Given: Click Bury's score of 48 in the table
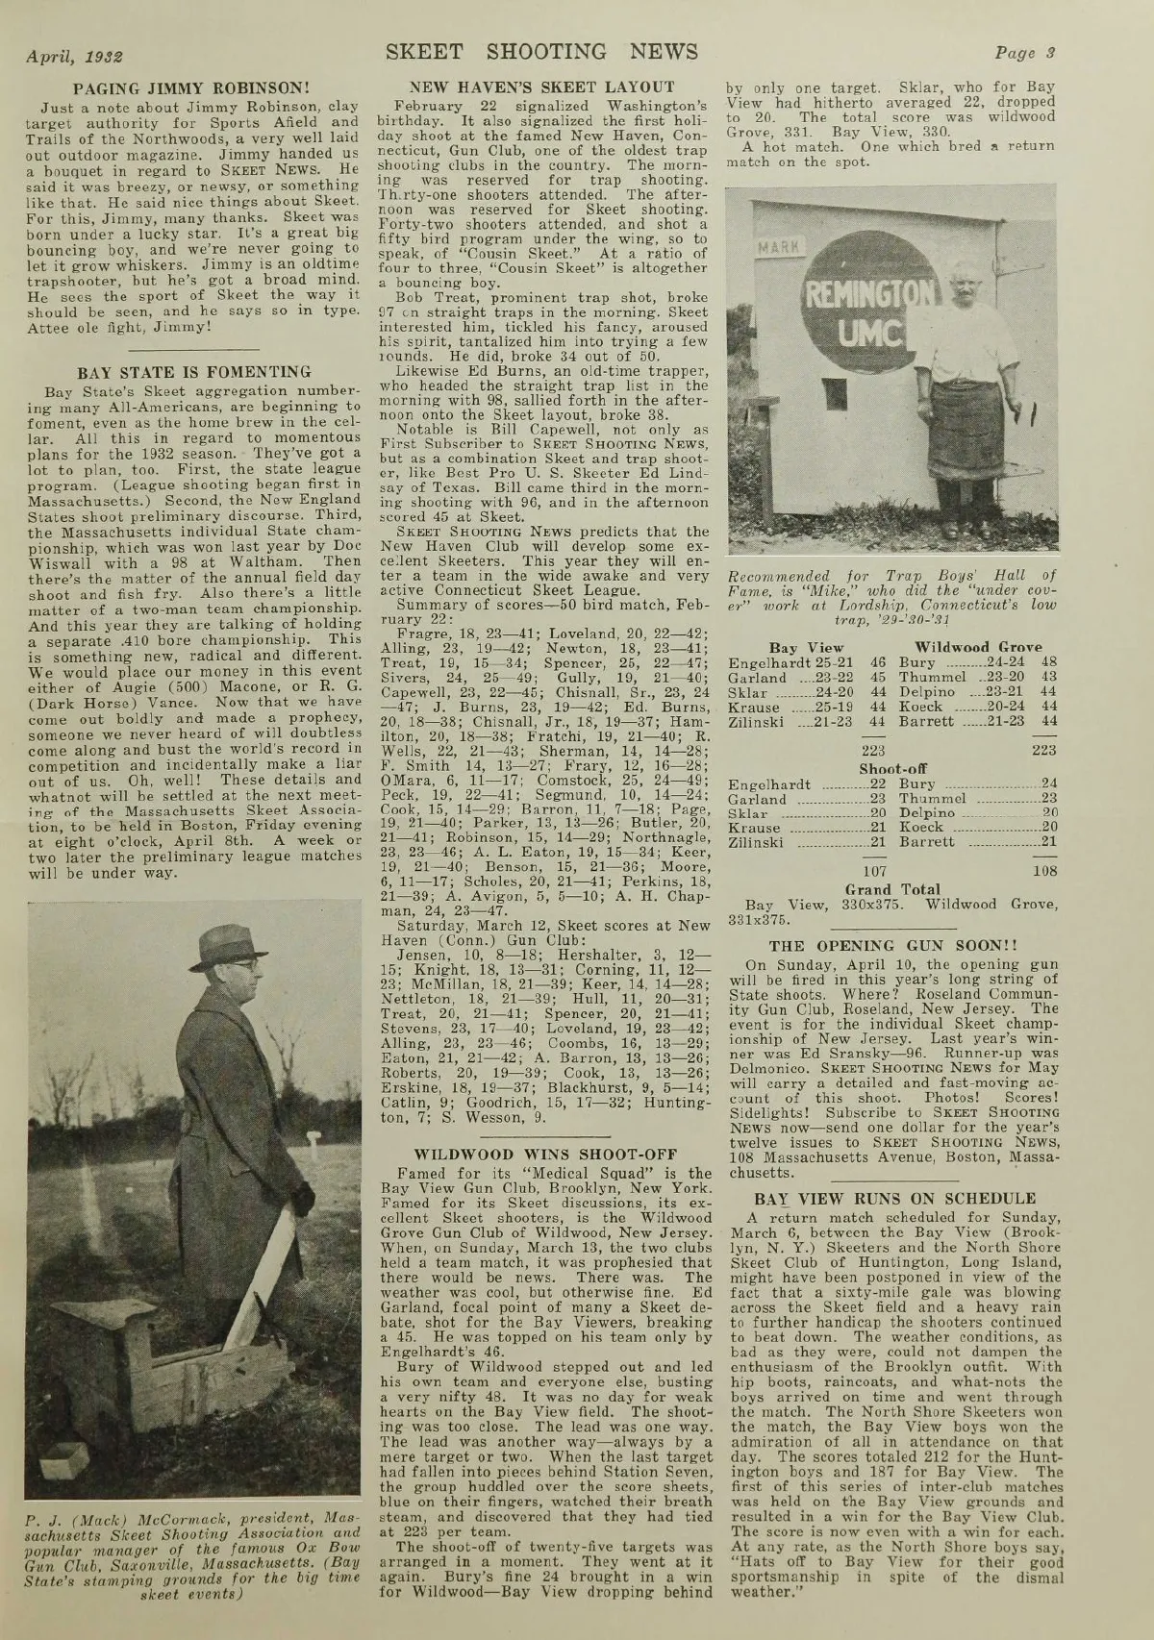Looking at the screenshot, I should coord(1049,662).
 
